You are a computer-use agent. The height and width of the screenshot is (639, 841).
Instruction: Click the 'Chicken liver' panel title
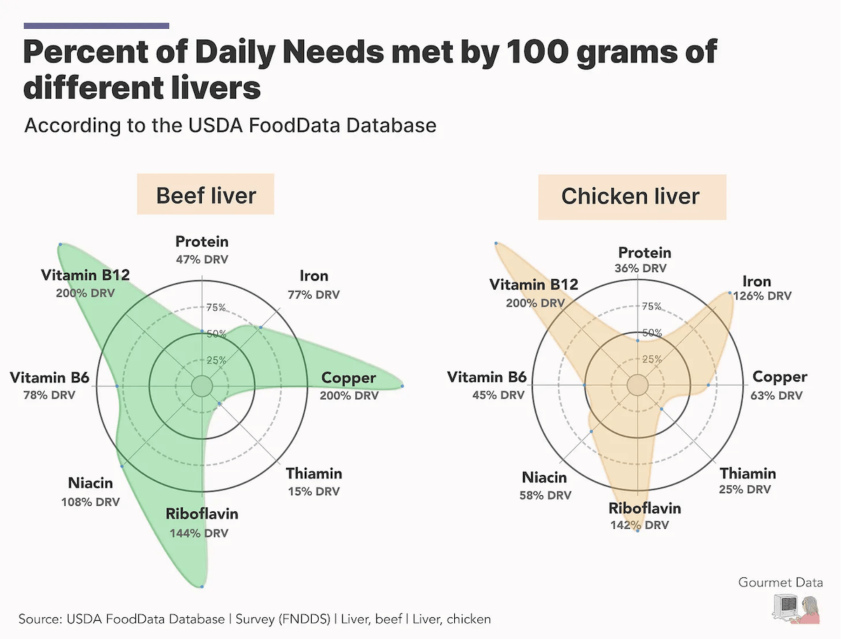click(x=630, y=196)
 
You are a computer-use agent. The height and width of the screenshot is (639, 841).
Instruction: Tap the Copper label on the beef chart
click(x=349, y=378)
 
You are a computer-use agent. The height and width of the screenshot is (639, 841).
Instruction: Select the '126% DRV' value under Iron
click(x=763, y=296)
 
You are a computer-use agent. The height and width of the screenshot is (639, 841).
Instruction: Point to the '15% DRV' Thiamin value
click(x=314, y=491)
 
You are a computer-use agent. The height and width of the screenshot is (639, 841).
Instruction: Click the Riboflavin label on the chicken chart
click(x=645, y=509)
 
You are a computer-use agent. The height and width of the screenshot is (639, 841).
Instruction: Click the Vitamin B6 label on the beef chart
click(x=50, y=378)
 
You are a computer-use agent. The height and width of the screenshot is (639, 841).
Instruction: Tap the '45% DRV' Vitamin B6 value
click(x=498, y=395)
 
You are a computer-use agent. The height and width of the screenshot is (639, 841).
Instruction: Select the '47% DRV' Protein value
click(x=202, y=260)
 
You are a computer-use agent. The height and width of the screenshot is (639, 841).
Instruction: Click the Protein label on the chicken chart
click(x=645, y=253)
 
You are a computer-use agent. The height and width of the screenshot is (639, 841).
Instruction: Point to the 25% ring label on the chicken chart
click(x=652, y=360)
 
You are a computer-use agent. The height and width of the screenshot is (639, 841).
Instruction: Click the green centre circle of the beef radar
click(x=202, y=386)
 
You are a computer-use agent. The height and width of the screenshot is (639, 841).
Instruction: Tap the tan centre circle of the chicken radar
click(x=637, y=385)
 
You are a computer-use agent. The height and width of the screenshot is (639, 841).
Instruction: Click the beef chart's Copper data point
click(x=402, y=386)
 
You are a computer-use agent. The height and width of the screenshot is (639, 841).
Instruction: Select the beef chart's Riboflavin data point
click(x=202, y=586)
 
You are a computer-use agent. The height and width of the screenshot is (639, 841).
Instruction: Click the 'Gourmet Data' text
click(x=780, y=582)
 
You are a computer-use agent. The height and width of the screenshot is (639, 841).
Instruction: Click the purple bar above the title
click(x=97, y=26)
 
